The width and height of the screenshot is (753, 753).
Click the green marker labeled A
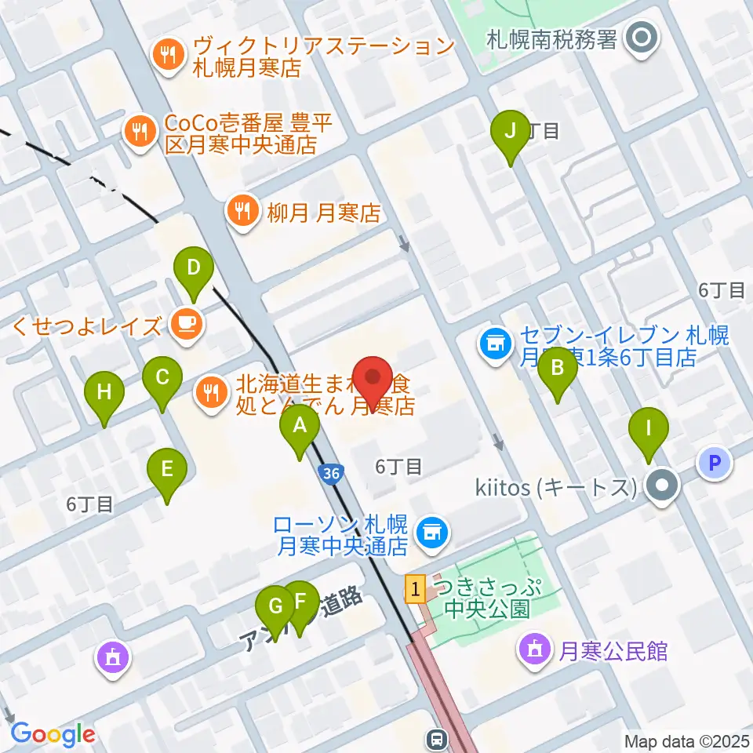click(300, 427)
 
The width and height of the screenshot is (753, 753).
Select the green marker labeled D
click(194, 269)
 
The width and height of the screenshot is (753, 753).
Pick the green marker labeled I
click(649, 430)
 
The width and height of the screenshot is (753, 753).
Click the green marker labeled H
click(104, 391)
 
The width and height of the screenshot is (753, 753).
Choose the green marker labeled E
click(167, 470)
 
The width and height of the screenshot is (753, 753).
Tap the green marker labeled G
click(275, 607)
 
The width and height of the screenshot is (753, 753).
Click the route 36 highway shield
click(331, 473)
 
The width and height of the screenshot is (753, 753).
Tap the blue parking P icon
click(714, 463)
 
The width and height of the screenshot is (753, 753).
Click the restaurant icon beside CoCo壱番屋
click(140, 131)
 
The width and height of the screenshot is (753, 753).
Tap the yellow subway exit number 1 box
click(415, 587)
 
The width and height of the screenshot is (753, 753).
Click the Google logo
click(53, 735)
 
